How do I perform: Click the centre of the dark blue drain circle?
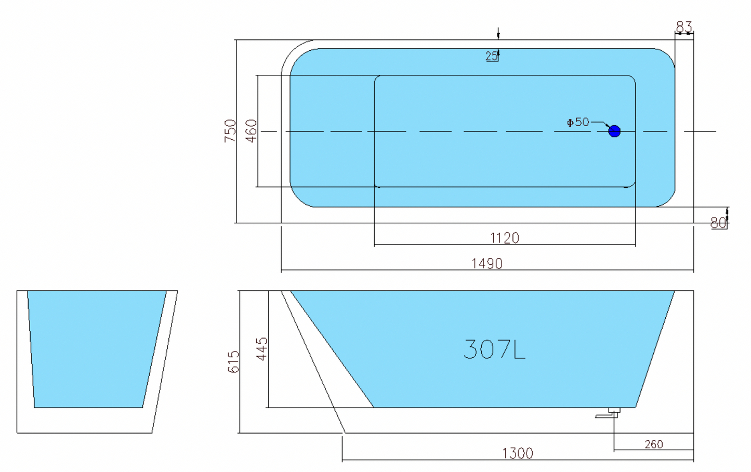(x=614, y=131)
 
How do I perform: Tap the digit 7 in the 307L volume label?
(x=502, y=349)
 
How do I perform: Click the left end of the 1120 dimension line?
(x=374, y=245)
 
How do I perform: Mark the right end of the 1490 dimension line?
(x=693, y=269)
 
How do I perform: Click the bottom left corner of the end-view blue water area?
(x=34, y=407)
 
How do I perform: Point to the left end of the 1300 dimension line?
(x=342, y=460)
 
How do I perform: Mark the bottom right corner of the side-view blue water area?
(x=635, y=407)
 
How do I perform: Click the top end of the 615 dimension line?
(x=240, y=291)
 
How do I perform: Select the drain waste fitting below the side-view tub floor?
(x=608, y=413)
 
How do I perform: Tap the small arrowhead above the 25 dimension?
(x=498, y=35)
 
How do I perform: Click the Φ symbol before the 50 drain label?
(x=570, y=123)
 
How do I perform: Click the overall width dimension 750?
(x=230, y=131)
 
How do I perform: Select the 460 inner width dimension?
(x=252, y=131)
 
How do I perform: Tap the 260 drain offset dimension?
(x=654, y=444)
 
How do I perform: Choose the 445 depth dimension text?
(x=262, y=349)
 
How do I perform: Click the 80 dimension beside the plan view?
(x=718, y=223)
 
